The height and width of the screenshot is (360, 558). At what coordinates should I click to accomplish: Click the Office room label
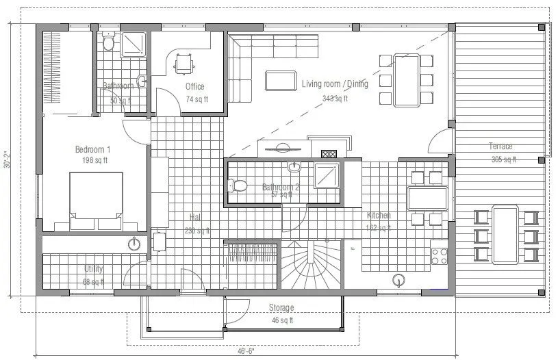point(194,87)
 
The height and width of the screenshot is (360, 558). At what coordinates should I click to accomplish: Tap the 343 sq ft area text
point(335,99)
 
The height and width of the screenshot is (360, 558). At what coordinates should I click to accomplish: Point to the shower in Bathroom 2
point(327,175)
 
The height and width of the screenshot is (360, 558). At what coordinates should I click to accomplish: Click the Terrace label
point(500,146)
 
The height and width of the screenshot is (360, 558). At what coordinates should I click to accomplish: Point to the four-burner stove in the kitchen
point(438,256)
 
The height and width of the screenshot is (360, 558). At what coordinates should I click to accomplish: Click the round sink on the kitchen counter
point(399,279)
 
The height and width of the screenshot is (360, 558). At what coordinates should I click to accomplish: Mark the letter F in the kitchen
point(353,248)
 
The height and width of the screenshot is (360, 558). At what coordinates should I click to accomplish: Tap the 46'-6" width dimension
point(247,350)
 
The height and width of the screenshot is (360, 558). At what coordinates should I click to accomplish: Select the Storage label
point(281,308)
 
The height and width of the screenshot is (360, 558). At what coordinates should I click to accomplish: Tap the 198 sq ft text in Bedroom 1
point(94,160)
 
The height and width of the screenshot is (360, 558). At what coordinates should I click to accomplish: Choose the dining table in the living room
point(406,80)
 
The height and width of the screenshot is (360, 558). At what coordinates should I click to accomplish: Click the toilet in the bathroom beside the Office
point(108,44)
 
